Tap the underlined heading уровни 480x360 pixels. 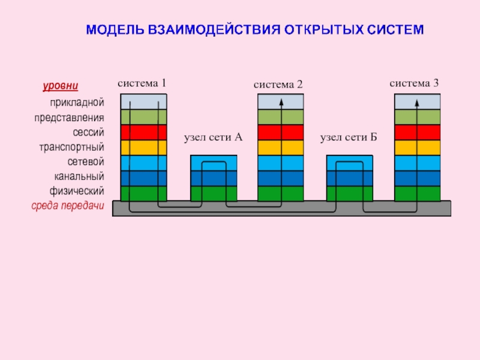click(61, 86)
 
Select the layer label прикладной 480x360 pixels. click(77, 103)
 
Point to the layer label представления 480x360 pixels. click(69, 118)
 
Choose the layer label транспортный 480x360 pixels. click(72, 147)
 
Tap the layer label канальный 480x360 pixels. click(79, 176)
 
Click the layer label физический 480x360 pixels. click(77, 191)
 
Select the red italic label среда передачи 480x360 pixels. click(68, 206)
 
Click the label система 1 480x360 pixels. click(142, 83)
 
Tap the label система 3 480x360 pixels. click(414, 83)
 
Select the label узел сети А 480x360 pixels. click(212, 138)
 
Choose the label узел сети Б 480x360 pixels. click(348, 138)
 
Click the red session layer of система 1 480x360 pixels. click(143, 133)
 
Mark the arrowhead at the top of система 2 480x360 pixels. click(281, 100)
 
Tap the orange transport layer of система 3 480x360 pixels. click(417, 148)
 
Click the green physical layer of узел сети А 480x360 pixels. click(213, 193)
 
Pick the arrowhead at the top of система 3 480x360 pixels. click(417, 100)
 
